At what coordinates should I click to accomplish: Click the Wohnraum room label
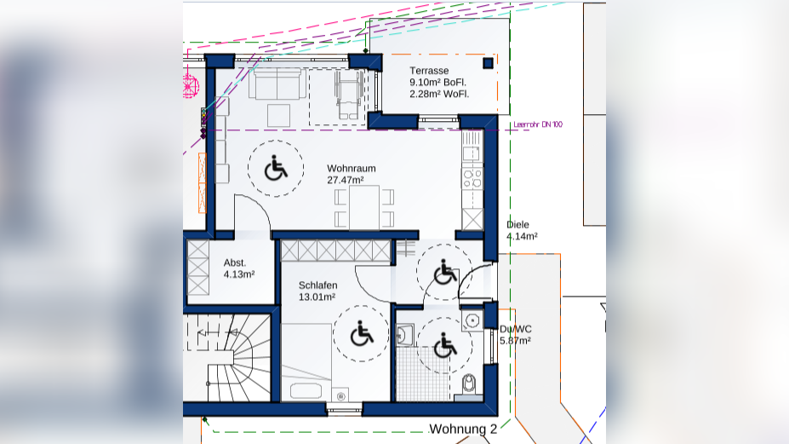(352, 169)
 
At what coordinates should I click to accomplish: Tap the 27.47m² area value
(346, 180)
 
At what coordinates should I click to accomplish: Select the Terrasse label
(429, 71)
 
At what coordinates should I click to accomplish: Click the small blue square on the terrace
(488, 63)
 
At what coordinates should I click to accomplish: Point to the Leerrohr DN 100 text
(538, 124)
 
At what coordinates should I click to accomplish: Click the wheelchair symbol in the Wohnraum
(276, 169)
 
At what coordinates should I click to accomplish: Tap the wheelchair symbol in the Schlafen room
(361, 333)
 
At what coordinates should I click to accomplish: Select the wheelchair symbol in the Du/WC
(445, 345)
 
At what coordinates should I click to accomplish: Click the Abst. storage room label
(235, 262)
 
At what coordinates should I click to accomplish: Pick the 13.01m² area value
(317, 297)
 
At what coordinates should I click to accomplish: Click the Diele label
(517, 225)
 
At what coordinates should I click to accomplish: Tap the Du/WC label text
(515, 329)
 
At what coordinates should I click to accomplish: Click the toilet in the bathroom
(468, 384)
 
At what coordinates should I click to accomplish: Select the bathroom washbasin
(404, 335)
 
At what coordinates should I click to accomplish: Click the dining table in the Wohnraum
(364, 207)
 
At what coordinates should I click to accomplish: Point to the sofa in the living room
(277, 84)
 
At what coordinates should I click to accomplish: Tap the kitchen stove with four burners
(472, 178)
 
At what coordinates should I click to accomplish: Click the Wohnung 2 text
(463, 429)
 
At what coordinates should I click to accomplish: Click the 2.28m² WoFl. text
(439, 94)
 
